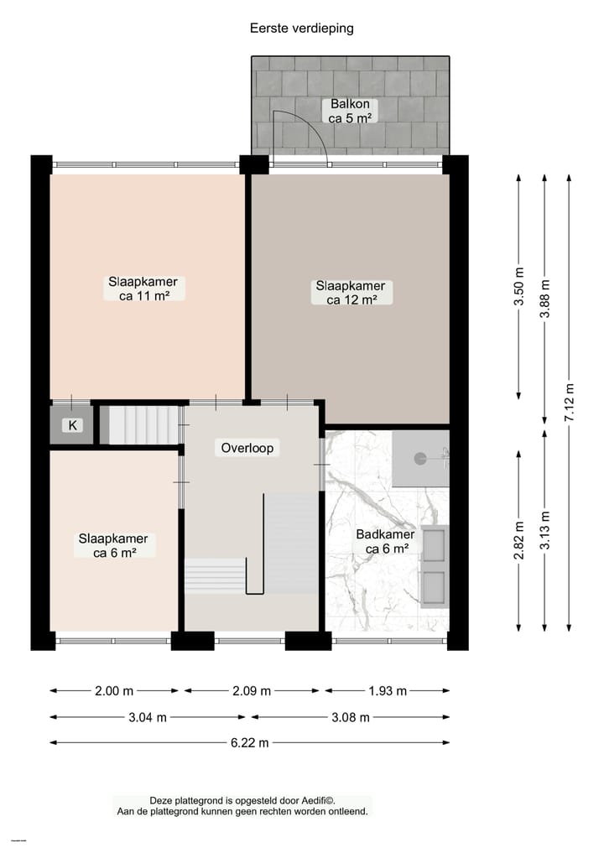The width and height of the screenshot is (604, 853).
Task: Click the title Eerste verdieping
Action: coord(302,28)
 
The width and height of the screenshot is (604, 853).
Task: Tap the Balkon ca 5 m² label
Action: coord(350,112)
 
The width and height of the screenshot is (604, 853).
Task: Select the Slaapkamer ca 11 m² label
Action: coord(142,289)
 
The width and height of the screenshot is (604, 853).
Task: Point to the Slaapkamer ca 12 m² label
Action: coord(350,292)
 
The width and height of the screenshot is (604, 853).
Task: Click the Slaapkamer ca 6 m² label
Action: coord(113,545)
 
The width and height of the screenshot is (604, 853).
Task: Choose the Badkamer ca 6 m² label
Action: coord(386,541)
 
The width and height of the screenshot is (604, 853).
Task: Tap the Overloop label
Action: coord(247,448)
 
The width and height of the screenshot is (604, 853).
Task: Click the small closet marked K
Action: coord(72,425)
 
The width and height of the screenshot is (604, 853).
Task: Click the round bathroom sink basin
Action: coord(420,458)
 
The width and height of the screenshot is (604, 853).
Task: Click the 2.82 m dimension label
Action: coord(519,541)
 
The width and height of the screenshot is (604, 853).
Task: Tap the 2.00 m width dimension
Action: coord(114,691)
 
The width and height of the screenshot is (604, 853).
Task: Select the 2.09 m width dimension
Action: coord(250,691)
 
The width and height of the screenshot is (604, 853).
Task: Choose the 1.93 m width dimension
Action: coord(386,691)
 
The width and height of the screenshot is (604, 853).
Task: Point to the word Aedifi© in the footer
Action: coord(329,801)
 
